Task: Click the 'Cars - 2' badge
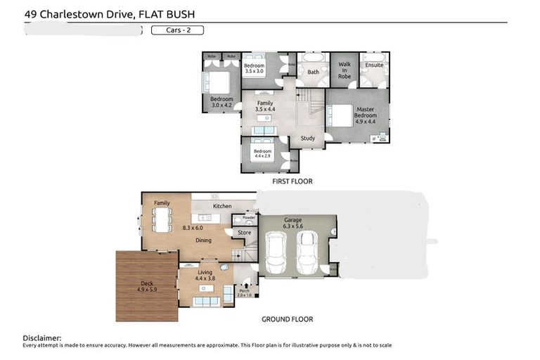(x=177, y=30)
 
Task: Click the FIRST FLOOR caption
(x=292, y=181)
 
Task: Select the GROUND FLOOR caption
(x=287, y=319)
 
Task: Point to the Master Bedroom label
(x=365, y=115)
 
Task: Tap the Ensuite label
(x=373, y=65)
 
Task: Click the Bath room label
(x=313, y=72)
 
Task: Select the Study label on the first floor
(x=307, y=139)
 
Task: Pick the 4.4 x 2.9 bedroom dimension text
(x=263, y=156)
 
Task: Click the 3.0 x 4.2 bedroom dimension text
(x=221, y=105)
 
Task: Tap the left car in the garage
(x=276, y=252)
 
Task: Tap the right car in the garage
(x=307, y=252)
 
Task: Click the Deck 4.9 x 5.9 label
(x=146, y=287)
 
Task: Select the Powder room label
(x=248, y=218)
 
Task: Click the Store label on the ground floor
(x=244, y=232)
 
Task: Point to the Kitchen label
(x=222, y=206)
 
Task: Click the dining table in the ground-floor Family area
(x=162, y=220)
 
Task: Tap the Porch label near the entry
(x=245, y=292)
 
